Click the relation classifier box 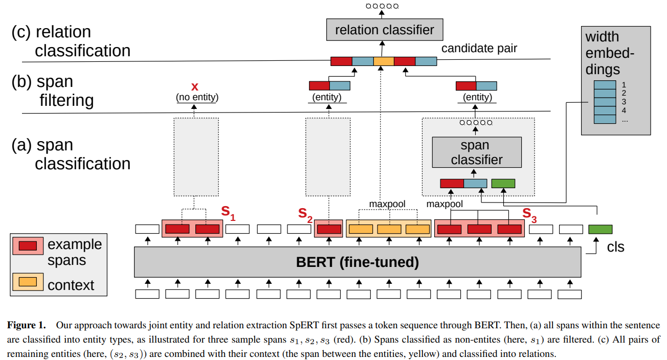coord(384,30)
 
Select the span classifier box coord(477,152)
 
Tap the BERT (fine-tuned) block coord(357,263)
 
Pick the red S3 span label coord(529,214)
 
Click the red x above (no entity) coord(194,86)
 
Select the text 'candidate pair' coord(479,49)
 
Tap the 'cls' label coord(615,247)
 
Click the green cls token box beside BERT coord(600,230)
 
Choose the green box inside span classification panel coord(503,183)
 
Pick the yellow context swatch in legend coord(27,282)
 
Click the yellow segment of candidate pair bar coord(384,61)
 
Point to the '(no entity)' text coord(194,97)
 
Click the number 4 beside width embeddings coord(624,110)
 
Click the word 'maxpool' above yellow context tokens coord(387,205)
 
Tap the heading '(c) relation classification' coord(71,41)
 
